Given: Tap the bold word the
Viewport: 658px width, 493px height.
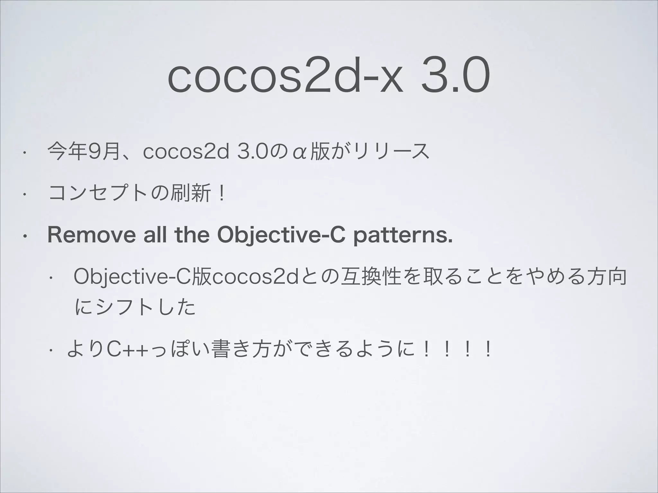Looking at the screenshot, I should coord(192,235).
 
